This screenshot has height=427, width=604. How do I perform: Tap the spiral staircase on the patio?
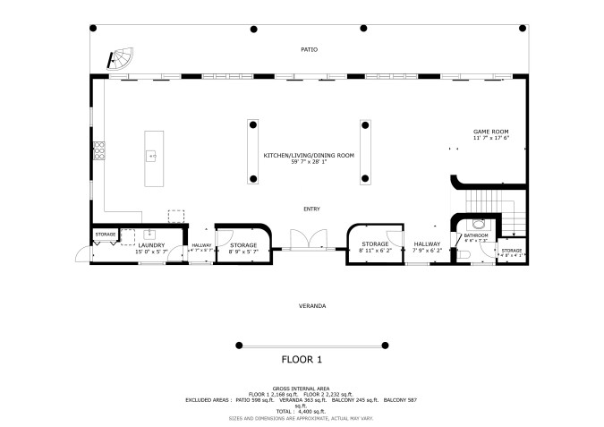[x=120, y=61]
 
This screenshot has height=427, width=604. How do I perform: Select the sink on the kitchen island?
[x=153, y=156]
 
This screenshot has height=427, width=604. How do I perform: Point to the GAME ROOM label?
[x=490, y=132]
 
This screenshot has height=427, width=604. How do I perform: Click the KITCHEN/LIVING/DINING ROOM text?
[x=309, y=155]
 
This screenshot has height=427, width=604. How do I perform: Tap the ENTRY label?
[x=311, y=209]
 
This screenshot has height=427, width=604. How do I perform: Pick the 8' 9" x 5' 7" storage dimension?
[x=243, y=252]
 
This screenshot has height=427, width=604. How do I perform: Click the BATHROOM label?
[x=476, y=235]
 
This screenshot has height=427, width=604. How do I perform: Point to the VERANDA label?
[x=311, y=306]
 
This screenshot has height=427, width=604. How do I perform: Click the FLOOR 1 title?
[x=302, y=360]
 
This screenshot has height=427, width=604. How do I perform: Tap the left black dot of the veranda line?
[x=239, y=345]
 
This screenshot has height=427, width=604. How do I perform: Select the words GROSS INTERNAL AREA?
[x=302, y=389]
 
